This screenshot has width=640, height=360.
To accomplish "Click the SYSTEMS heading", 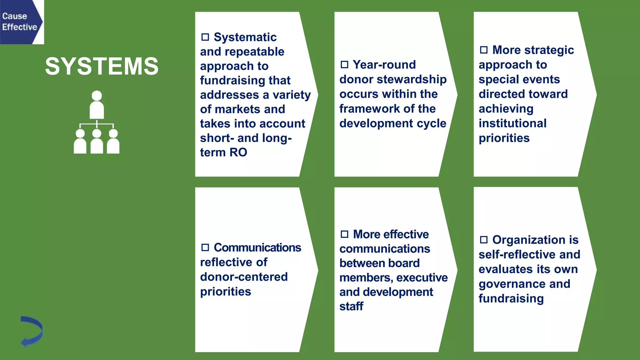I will [x=102, y=66].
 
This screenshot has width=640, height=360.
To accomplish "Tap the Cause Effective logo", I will [x=21, y=22].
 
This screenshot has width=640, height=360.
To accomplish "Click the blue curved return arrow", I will [x=32, y=331].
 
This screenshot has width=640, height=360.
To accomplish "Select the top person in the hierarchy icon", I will [x=97, y=105].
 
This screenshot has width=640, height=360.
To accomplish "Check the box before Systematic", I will [x=205, y=37].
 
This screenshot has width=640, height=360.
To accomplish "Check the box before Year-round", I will [x=344, y=65].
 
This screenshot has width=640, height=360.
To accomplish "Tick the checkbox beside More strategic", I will [x=484, y=50].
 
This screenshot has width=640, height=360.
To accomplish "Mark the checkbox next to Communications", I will [x=205, y=247].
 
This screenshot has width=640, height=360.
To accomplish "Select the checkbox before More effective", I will [x=344, y=234].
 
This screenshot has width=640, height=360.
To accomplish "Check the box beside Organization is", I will [x=484, y=240].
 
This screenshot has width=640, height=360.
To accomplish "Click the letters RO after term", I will [x=238, y=152].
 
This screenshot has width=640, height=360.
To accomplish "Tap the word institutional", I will [x=512, y=123].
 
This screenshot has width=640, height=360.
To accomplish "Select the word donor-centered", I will [x=244, y=277].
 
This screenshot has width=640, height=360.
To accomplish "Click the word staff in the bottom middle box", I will [x=351, y=306].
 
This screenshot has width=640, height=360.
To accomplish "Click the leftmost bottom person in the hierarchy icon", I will [x=80, y=142].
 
